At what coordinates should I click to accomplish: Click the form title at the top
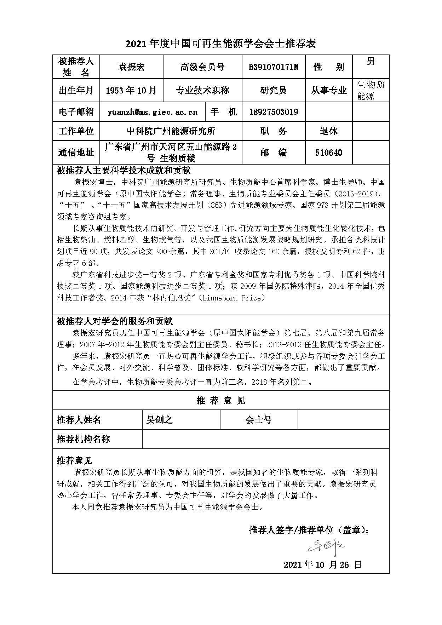pos(221,44)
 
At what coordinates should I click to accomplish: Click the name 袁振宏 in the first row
pos(131,67)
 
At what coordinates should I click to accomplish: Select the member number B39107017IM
pos(274,67)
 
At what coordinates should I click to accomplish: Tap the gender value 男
pos(371,61)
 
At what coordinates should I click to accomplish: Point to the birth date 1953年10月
pos(131,91)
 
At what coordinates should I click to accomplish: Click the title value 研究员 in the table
pos(273,91)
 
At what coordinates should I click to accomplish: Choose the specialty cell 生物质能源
pos(371,90)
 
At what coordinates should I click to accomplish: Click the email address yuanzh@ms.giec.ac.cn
pos(153,112)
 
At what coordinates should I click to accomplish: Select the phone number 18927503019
pos(274,112)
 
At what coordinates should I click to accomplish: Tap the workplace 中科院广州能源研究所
pos(171,131)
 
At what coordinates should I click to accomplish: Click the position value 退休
pos(328,131)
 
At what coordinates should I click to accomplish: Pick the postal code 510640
pos(328,153)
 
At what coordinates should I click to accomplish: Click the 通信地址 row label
pos(76,153)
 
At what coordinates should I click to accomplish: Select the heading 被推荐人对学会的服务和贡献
pos(115,321)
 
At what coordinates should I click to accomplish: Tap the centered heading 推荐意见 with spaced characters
pos(221,401)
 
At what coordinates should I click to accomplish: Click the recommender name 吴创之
pos(159,420)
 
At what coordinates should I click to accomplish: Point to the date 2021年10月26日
pos(322,565)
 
